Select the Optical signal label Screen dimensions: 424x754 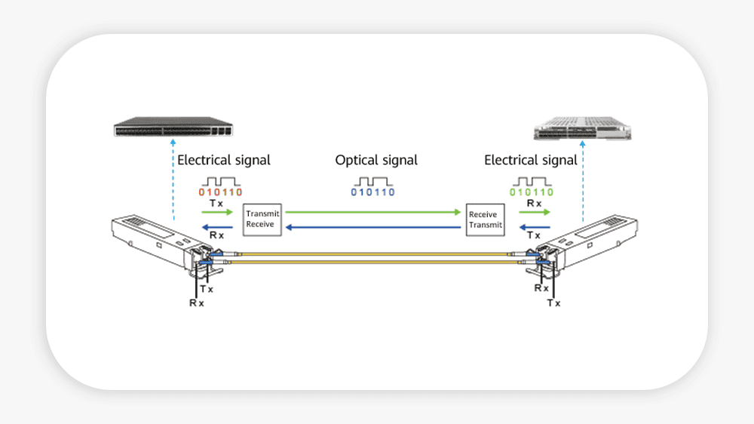point(376,160)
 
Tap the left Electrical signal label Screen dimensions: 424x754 point(223,160)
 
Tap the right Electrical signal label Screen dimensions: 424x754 point(531,160)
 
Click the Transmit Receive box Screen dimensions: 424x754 point(262,219)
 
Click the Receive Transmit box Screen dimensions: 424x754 point(484,219)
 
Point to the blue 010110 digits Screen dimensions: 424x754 point(372,192)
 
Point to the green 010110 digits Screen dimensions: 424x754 point(532,192)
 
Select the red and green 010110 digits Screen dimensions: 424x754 point(221,192)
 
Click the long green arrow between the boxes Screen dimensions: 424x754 point(373,213)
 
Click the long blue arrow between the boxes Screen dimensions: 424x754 point(373,226)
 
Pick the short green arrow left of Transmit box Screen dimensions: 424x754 point(219,213)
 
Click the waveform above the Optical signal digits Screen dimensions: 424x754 point(372,181)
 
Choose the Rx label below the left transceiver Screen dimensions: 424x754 point(197,302)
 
